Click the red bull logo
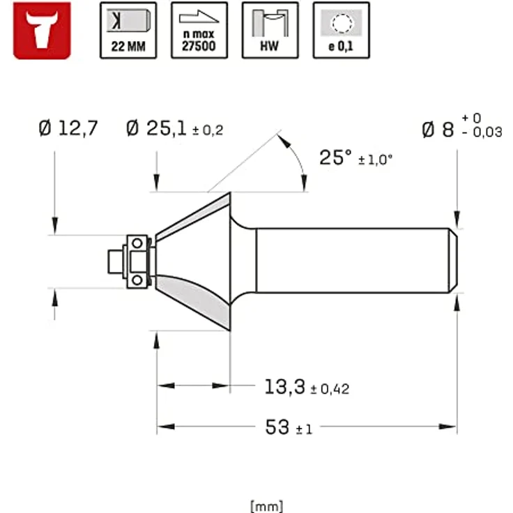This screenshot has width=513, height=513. pyautogui.click(x=42, y=30)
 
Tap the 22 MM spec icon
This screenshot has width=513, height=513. pyautogui.click(x=128, y=30)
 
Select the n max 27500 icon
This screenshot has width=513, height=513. pyautogui.click(x=199, y=30)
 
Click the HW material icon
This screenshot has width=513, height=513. pyautogui.click(x=270, y=30)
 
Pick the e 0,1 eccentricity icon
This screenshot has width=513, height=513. pyautogui.click(x=341, y=30)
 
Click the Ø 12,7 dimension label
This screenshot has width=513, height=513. pyautogui.click(x=69, y=128)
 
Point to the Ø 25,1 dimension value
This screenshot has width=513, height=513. pyautogui.click(x=158, y=128)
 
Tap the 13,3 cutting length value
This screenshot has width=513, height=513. pyautogui.click(x=284, y=386)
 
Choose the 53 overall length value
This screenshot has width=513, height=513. pyautogui.click(x=277, y=427)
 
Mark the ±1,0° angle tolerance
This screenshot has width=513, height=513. pyautogui.click(x=376, y=160)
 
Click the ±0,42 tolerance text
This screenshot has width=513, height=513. pyautogui.click(x=329, y=389)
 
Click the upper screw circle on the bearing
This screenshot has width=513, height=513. pyautogui.click(x=138, y=243)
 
